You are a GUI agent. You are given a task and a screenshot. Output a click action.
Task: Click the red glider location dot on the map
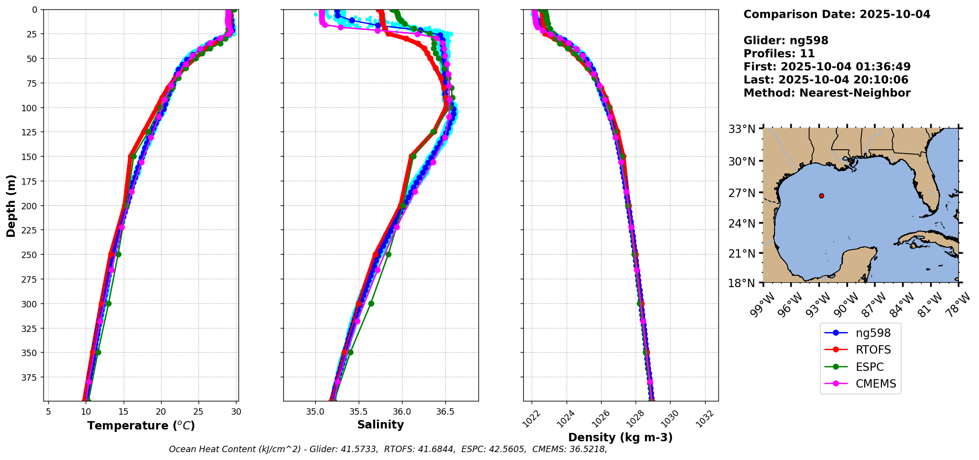click(821, 196)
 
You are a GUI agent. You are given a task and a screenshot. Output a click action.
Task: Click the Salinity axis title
click(380, 425)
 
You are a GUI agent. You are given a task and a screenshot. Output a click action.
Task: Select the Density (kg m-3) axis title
click(620, 437)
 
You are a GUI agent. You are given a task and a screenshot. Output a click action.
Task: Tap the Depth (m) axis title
click(11, 205)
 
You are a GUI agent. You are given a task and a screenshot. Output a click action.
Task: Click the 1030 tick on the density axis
click(671, 418)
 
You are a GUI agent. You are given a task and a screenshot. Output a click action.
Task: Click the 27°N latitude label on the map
click(742, 193)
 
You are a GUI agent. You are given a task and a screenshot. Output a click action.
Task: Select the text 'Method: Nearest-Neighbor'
click(827, 93)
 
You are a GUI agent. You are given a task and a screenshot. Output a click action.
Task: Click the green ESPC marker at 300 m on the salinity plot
click(371, 304)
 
